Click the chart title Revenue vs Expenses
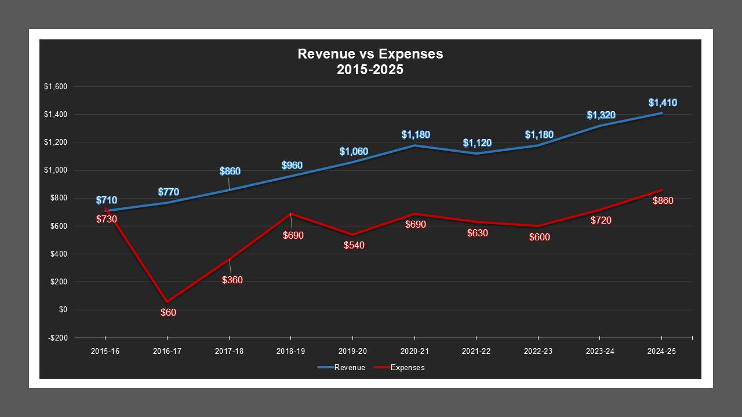[370, 61]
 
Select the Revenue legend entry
[341, 368]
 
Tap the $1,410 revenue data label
[662, 103]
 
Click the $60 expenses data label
[168, 313]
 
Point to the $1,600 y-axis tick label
[56, 87]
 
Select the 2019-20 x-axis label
[352, 351]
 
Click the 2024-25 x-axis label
[661, 351]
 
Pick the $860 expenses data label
[663, 201]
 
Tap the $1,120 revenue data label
[477, 143]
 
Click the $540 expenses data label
[354, 245]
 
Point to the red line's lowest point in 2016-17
[167, 302]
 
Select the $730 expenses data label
[106, 220]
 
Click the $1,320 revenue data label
[601, 115]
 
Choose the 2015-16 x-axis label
[105, 351]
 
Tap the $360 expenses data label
[232, 280]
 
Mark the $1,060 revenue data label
[354, 152]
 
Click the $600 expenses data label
[540, 237]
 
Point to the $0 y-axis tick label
[63, 310]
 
